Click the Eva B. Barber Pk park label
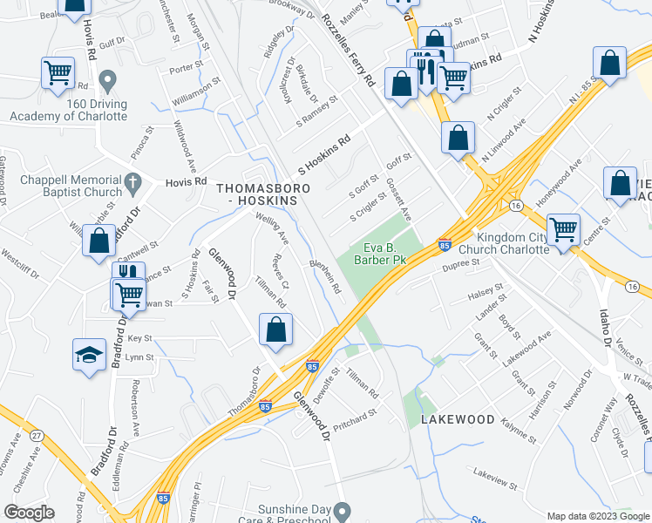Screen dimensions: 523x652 pos(380,252)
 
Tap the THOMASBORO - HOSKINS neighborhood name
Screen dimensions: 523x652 pos(256,194)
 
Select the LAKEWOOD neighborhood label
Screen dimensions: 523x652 pos(458,419)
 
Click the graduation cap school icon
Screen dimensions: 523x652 pos(88,355)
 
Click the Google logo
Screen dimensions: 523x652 pos(30,512)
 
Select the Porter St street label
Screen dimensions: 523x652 pos(186,65)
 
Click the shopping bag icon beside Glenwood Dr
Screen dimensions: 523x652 pos(275,329)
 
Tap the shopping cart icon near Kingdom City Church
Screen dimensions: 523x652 pos(563,230)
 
